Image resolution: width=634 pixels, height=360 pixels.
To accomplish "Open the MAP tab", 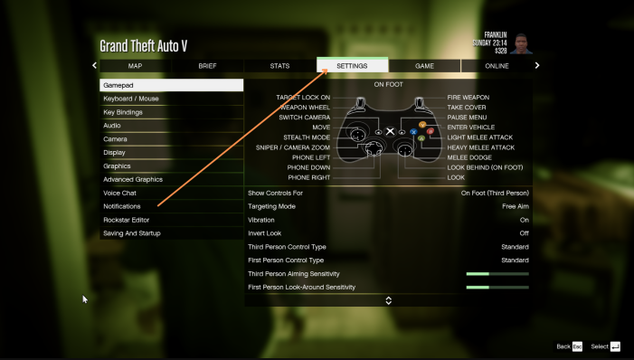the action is (135, 66).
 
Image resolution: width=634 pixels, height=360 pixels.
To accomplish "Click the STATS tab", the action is (279, 66).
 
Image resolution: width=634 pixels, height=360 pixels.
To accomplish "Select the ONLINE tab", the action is (497, 66).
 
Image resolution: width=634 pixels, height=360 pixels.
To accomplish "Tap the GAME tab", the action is (424, 66).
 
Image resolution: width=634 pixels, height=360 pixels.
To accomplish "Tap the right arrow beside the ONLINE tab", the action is (537, 65).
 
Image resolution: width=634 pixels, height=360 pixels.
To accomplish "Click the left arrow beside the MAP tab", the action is (94, 65).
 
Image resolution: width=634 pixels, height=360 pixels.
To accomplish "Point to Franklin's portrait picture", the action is (521, 43).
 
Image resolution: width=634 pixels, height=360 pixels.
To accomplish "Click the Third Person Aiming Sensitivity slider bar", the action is (497, 274).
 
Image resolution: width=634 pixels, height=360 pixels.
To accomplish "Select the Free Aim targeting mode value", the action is (516, 206).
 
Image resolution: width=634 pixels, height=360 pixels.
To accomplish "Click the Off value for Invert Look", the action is (524, 233).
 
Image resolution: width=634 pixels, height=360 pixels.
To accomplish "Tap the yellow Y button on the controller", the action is (422, 125).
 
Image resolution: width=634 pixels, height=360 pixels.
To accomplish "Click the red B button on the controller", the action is (431, 131).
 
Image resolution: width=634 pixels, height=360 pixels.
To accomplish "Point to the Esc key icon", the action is (577, 346).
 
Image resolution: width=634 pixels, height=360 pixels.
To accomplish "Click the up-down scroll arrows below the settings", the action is (389, 300).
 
